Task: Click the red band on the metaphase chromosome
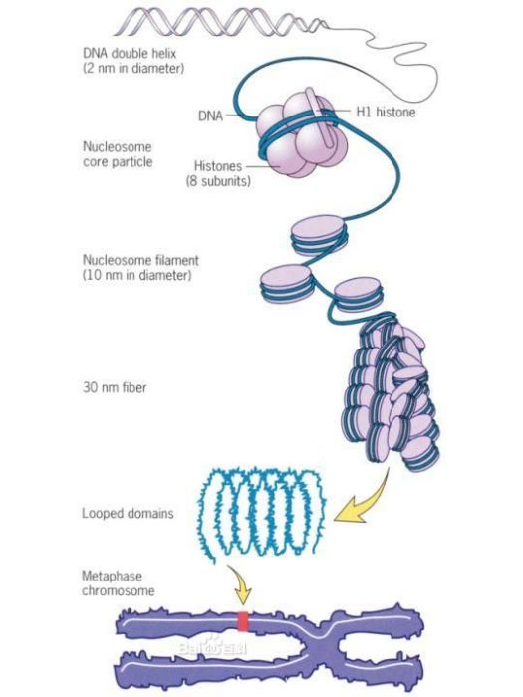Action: [243, 621]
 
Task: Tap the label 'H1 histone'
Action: [387, 112]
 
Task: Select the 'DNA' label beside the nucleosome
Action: [210, 116]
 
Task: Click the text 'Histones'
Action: [218, 166]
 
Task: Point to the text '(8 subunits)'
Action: [218, 181]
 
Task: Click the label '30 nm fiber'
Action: [115, 387]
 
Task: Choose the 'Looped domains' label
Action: [128, 514]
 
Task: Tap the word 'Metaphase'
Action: [112, 577]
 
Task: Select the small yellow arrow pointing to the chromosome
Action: [241, 583]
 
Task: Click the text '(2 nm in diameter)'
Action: [133, 69]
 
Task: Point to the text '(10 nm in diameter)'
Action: [137, 275]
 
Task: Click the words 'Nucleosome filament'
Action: [140, 260]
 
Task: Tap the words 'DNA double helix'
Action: [130, 54]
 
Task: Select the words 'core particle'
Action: [118, 161]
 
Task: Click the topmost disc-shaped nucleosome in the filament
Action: [319, 236]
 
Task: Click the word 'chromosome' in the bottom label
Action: [119, 591]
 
